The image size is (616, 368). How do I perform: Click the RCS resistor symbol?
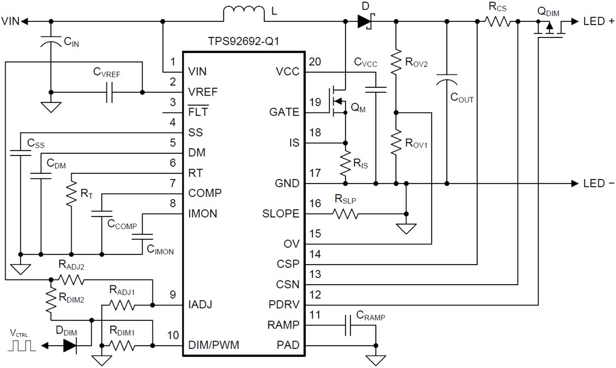click(x=497, y=22)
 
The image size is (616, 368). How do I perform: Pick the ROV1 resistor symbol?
click(x=396, y=143)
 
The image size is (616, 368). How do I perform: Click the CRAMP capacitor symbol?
click(x=349, y=325)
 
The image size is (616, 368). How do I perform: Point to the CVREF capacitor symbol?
click(x=110, y=92)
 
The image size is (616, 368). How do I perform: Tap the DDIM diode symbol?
click(x=69, y=346)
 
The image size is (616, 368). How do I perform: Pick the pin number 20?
click(x=315, y=62)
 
